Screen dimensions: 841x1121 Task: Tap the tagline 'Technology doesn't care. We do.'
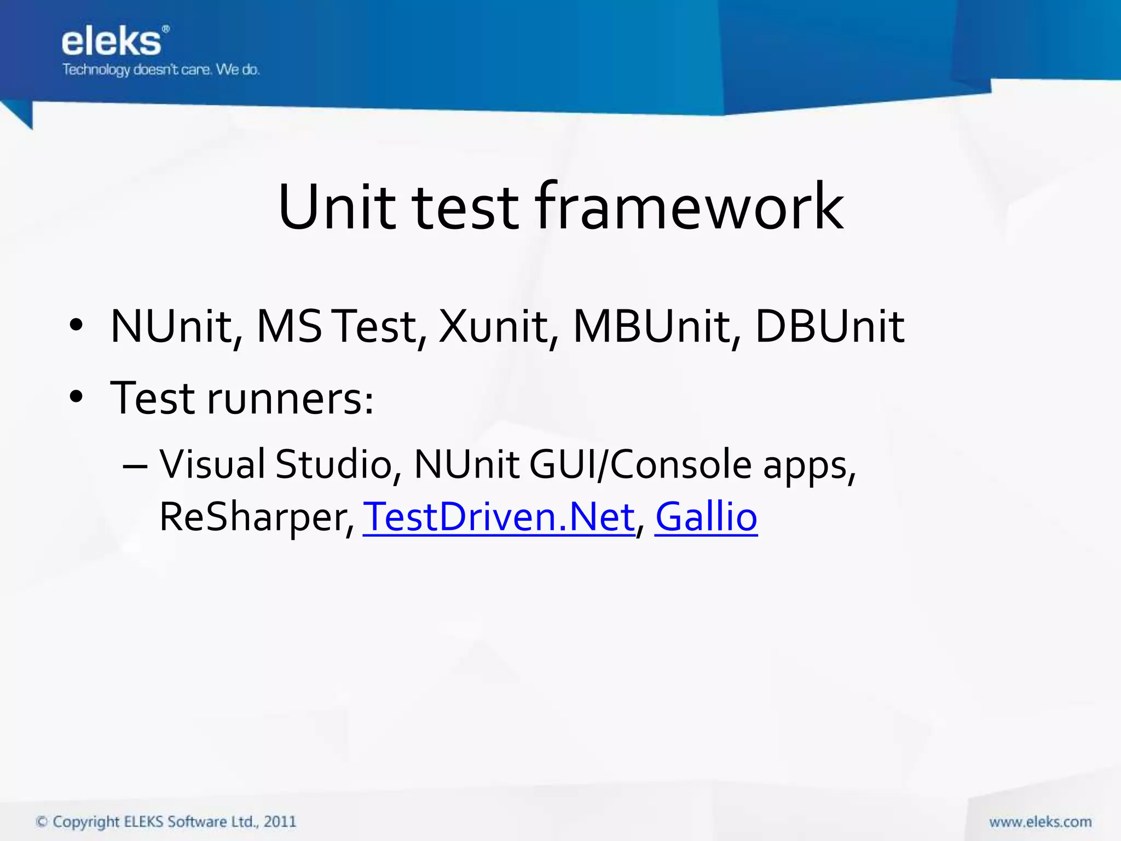(x=161, y=70)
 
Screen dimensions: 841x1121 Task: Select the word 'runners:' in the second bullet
(x=291, y=399)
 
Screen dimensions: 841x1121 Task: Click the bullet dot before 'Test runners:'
(x=76, y=396)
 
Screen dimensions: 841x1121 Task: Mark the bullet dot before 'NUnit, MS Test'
(x=76, y=325)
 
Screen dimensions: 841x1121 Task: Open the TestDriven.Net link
(x=499, y=517)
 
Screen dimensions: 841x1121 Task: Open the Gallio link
(x=706, y=517)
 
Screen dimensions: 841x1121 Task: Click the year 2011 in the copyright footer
(x=280, y=822)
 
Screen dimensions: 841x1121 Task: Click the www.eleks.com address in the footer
(x=1040, y=822)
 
